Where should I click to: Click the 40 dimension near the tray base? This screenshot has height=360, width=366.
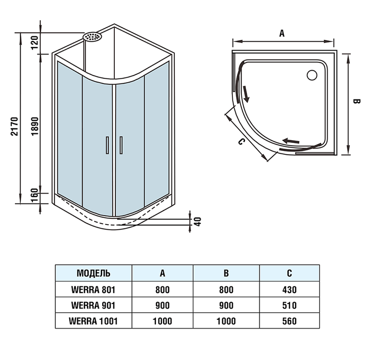[198, 220]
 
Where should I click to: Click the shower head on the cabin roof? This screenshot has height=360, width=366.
[92, 37]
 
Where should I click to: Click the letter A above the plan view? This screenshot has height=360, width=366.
[282, 33]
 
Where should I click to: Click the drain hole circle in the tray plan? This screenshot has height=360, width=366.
[312, 75]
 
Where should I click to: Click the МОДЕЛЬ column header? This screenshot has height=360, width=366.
[93, 273]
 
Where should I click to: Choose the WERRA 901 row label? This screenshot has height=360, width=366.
[93, 305]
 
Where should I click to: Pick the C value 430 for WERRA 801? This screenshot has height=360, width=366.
[290, 289]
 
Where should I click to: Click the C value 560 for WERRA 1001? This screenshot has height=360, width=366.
[290, 321]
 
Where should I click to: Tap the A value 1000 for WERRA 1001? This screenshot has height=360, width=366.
[163, 321]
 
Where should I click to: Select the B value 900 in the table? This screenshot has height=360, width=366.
[226, 305]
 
